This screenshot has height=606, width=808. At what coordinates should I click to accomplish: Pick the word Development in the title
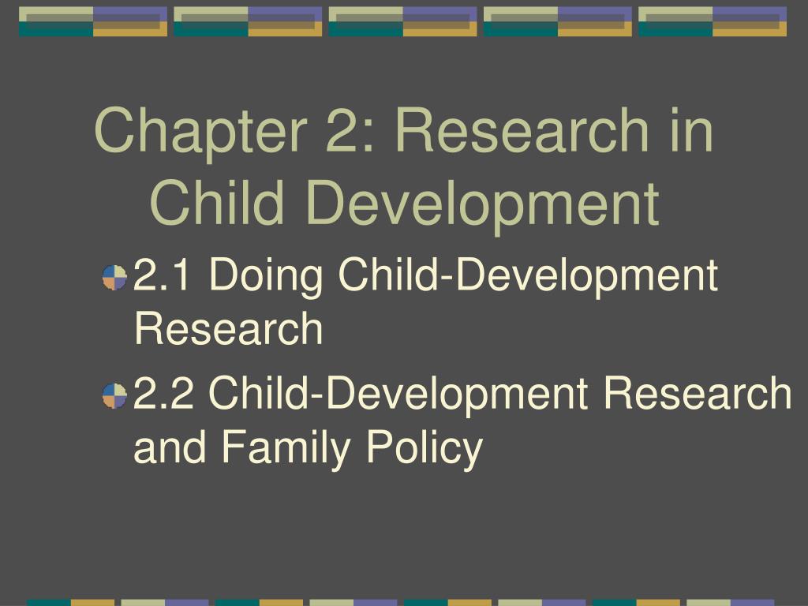[482, 203]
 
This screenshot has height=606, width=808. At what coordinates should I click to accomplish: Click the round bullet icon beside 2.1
[115, 277]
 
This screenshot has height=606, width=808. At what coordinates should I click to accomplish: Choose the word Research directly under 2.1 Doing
[229, 329]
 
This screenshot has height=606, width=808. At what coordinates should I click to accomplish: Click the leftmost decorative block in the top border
[93, 21]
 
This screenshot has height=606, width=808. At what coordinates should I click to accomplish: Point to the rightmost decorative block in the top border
[713, 21]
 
